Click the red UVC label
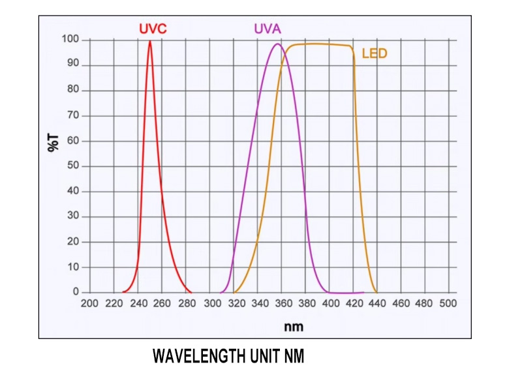click(153, 29)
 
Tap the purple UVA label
click(268, 29)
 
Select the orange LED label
click(374, 53)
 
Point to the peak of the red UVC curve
click(150, 41)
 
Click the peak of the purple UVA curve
click(277, 44)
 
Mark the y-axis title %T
click(54, 141)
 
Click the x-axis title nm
click(294, 326)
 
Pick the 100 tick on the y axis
click(71, 40)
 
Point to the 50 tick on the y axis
click(73, 166)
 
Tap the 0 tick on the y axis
click(76, 292)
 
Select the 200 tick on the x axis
click(89, 304)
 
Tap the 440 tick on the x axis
click(376, 304)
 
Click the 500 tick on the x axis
click(448, 304)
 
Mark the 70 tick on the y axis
click(73, 115)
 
